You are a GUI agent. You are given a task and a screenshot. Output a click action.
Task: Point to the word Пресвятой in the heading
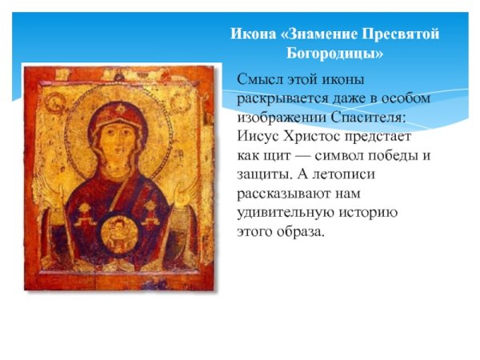[x=400, y=35]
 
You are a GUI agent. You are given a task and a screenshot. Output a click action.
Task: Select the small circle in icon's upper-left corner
[x=56, y=102]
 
